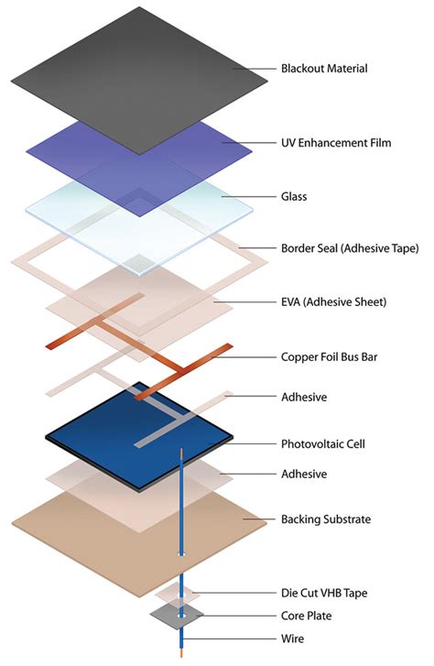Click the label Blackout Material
coord(325,69)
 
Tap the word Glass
coord(296,196)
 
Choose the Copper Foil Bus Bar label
coord(330,356)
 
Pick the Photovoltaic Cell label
coord(323,444)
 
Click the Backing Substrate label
coord(326,519)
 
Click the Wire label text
coord(293,639)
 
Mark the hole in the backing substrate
coord(181,554)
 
